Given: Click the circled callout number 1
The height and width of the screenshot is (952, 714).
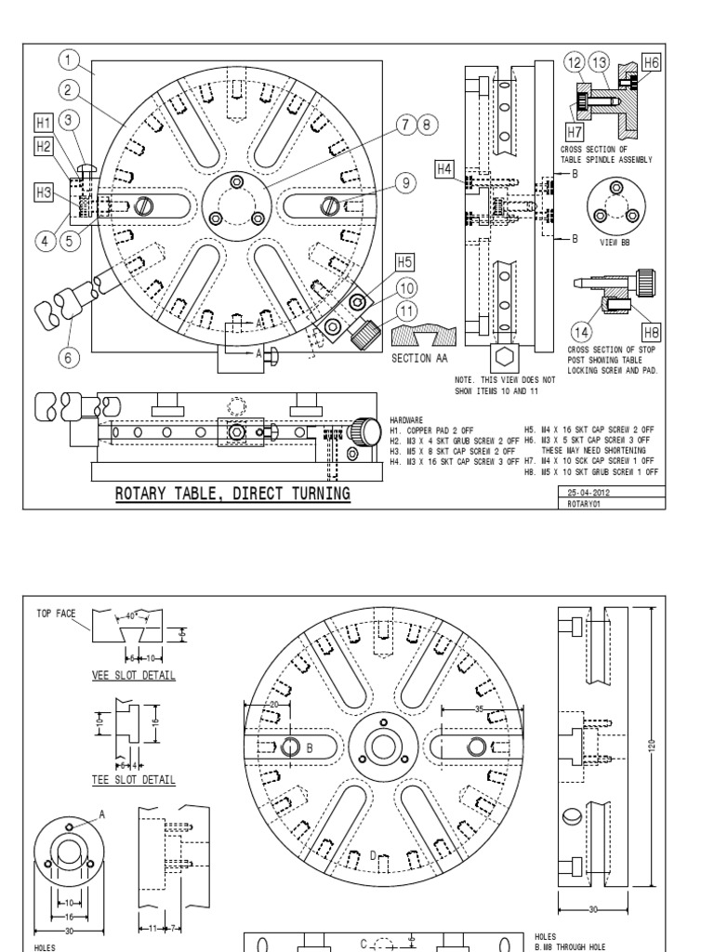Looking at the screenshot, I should pos(68,60).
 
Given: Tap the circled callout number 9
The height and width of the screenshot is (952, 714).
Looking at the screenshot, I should pos(405,183).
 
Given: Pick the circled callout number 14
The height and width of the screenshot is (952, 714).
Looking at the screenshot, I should pos(585,332).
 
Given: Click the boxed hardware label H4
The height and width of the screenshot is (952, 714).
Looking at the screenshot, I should pos(445,168).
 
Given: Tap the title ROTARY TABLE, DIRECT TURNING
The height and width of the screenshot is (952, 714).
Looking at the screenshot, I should pos(232,494).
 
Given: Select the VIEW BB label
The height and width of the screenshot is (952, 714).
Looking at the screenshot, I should pos(615,242).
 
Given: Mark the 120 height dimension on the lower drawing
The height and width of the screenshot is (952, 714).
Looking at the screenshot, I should pos(652,744).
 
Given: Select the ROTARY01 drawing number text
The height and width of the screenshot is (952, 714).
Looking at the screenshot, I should pos(584,503).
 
